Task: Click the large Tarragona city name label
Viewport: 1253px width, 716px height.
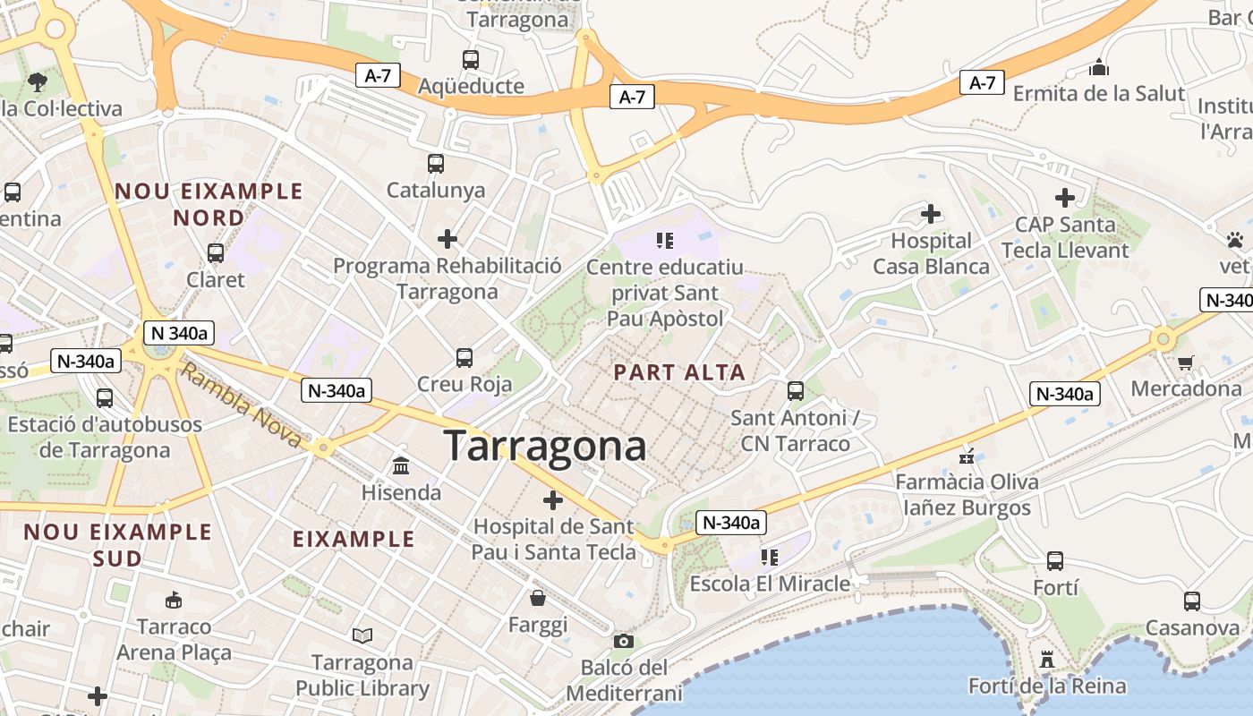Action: [544, 446]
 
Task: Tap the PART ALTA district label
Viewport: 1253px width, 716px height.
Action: [679, 372]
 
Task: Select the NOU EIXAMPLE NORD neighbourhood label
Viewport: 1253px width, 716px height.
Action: [209, 204]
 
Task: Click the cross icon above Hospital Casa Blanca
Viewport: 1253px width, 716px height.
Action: [931, 214]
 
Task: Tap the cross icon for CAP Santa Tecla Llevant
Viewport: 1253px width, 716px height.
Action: [1064, 198]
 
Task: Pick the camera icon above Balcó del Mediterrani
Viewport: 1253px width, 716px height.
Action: [624, 641]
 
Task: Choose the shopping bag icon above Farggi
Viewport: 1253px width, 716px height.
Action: [538, 597]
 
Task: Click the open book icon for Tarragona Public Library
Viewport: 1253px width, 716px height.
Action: [362, 635]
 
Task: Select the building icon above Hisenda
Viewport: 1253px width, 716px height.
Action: [401, 466]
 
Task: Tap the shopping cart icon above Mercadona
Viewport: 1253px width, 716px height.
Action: [1186, 362]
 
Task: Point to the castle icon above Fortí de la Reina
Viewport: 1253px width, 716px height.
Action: [1046, 660]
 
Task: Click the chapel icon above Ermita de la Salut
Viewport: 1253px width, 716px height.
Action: [1099, 67]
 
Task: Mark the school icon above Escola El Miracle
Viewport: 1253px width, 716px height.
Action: [769, 558]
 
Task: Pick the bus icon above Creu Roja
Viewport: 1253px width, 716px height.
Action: [465, 357]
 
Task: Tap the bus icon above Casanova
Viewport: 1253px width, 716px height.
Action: [1191, 601]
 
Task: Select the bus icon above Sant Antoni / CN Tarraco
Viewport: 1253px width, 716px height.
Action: [795, 390]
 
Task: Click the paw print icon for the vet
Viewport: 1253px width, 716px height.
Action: [1235, 240]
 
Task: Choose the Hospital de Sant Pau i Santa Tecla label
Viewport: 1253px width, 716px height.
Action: [553, 539]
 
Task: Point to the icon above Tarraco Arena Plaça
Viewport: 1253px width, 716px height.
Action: [174, 600]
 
